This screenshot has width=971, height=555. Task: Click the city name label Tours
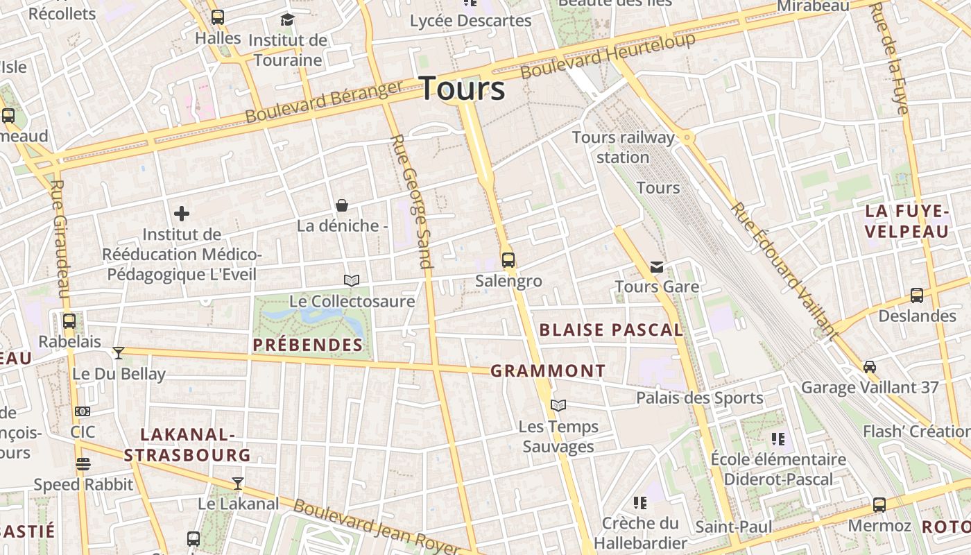(x=463, y=89)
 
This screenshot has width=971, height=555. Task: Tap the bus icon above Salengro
(x=508, y=260)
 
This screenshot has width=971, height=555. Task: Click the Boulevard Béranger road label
(x=324, y=102)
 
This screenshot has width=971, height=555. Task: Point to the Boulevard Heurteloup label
(x=608, y=55)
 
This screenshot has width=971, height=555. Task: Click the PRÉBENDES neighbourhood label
(x=308, y=345)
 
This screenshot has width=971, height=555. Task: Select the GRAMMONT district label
(x=548, y=371)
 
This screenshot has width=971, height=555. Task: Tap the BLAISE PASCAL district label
(x=611, y=330)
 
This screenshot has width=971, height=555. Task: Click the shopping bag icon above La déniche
(x=342, y=205)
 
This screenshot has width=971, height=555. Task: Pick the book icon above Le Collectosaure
(x=352, y=280)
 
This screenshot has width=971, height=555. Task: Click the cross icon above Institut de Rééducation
(x=182, y=214)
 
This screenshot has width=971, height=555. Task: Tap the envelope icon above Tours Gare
(x=657, y=266)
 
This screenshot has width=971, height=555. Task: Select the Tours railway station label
(x=623, y=147)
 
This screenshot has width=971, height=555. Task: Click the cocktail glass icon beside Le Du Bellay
(x=119, y=353)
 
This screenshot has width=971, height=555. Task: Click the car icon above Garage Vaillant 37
(x=870, y=366)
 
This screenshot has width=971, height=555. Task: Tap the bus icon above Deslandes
(x=917, y=296)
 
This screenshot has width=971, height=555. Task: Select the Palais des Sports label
(x=700, y=398)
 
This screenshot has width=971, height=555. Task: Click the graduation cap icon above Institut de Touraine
(x=287, y=19)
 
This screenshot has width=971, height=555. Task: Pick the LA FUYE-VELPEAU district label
(x=907, y=221)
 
